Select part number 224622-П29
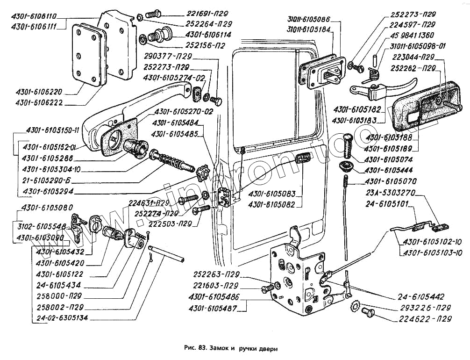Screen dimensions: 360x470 pos(426,320)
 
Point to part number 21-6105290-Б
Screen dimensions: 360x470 pos(49,180)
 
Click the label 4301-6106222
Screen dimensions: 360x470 pos(44,102)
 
